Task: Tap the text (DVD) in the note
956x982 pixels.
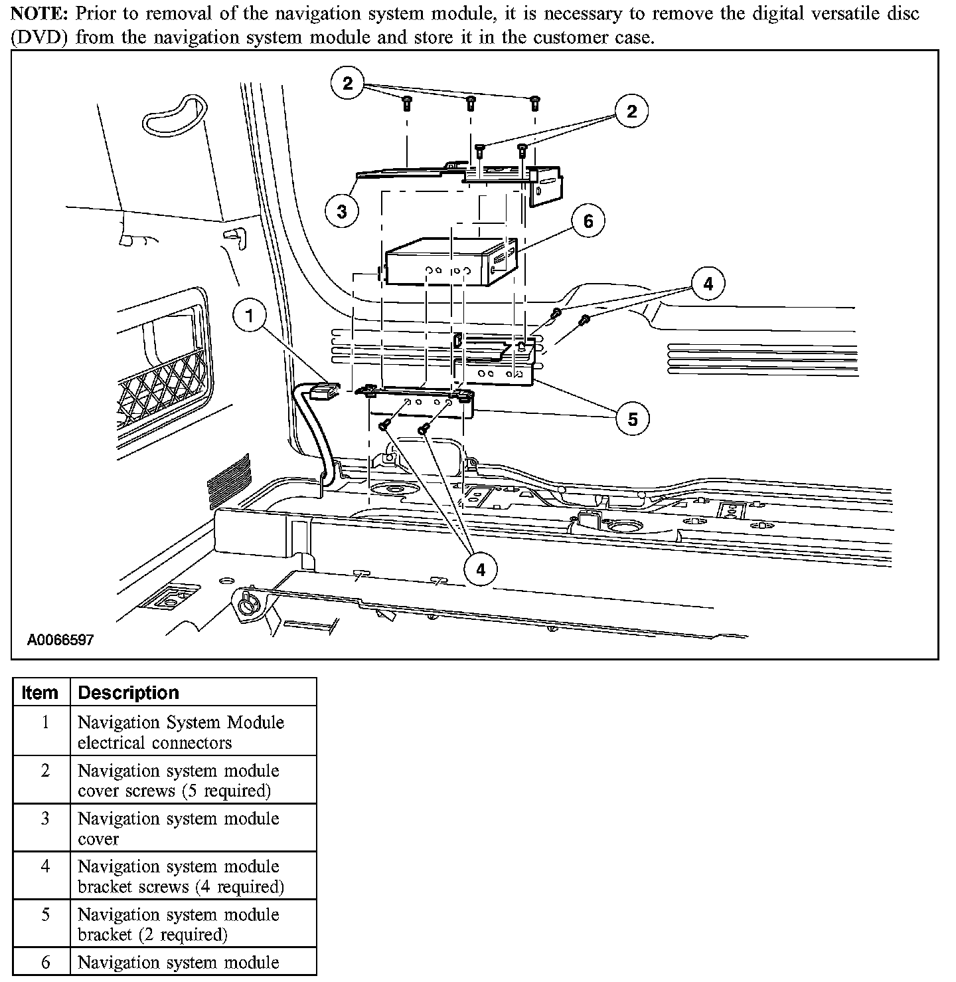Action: [40, 37]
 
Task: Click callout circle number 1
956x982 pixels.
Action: [250, 316]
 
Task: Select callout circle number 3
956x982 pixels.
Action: [341, 211]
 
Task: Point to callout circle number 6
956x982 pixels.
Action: [588, 221]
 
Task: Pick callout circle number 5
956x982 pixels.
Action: [632, 419]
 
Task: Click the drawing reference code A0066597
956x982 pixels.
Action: [60, 640]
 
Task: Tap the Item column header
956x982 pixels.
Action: [40, 692]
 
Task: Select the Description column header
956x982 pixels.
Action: [128, 692]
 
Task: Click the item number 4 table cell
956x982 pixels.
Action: [45, 867]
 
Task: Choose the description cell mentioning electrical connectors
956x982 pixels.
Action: [181, 732]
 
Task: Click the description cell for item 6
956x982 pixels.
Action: [178, 962]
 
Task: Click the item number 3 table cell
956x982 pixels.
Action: [45, 819]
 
